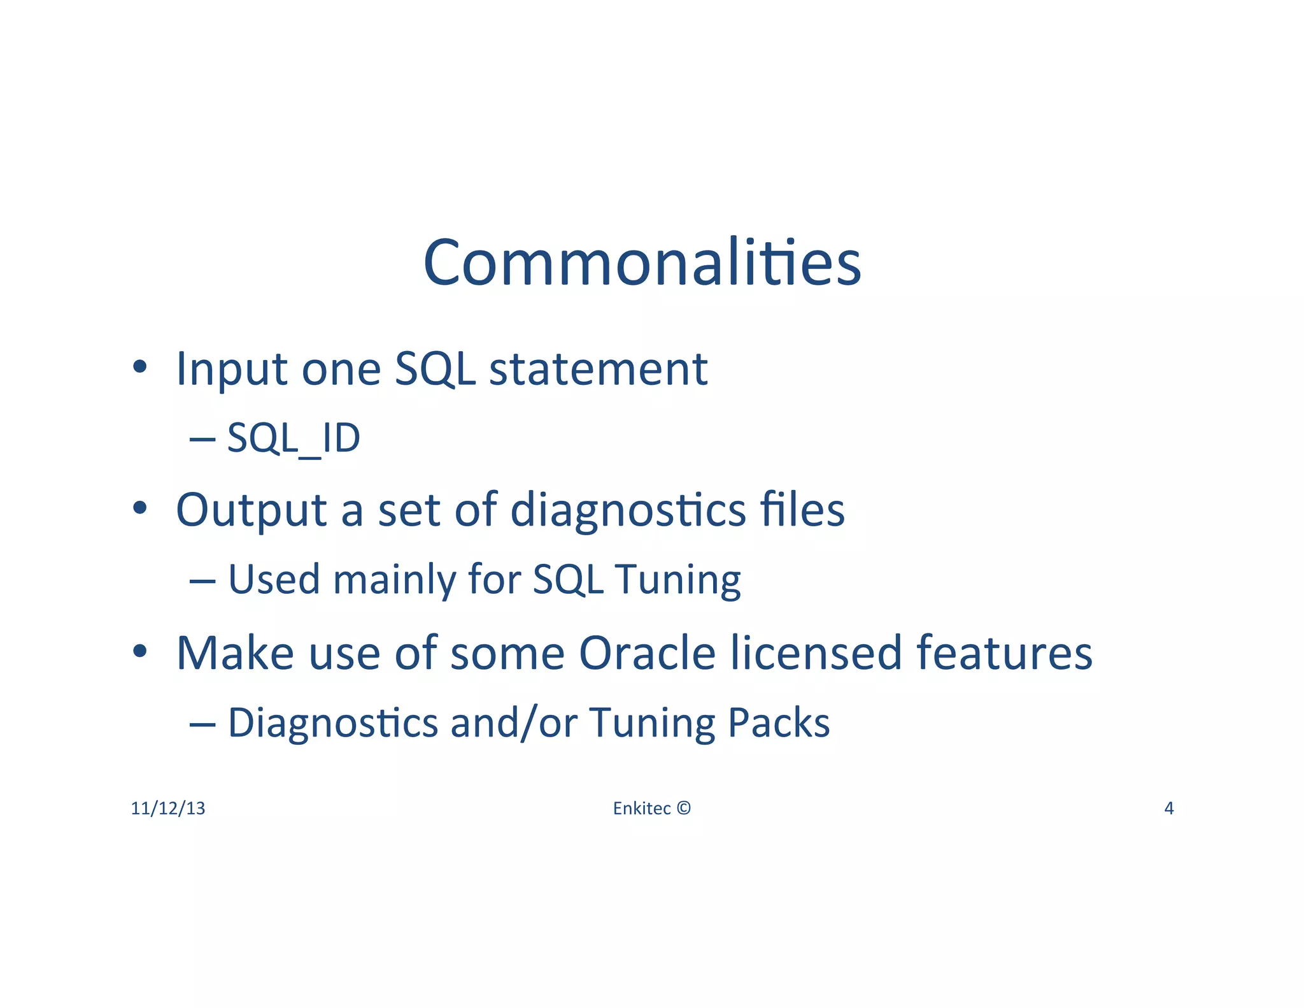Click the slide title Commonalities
click(x=642, y=263)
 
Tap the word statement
click(x=598, y=369)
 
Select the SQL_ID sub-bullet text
click(x=294, y=439)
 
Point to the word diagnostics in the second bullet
click(x=628, y=510)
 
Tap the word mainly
click(x=395, y=580)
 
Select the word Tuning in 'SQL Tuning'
click(x=677, y=580)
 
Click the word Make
click(x=235, y=653)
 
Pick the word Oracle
click(x=648, y=653)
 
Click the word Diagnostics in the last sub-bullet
click(x=333, y=723)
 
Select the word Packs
click(x=778, y=723)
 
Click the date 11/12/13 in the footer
click(x=168, y=809)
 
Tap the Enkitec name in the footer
click(x=641, y=809)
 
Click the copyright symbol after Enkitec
click(x=683, y=809)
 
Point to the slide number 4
click(x=1169, y=809)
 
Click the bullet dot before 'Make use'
click(x=140, y=652)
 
